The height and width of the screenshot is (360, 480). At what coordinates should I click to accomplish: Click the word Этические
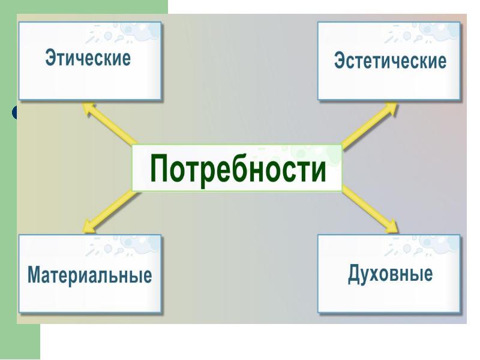click(88, 59)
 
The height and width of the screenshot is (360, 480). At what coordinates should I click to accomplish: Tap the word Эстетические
click(390, 61)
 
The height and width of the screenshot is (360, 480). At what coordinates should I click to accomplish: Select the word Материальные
click(89, 276)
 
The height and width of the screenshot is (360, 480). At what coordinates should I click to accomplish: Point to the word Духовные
click(390, 274)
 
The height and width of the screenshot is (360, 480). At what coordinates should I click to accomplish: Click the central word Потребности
click(238, 169)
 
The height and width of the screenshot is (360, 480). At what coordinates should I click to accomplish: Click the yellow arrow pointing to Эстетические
click(369, 126)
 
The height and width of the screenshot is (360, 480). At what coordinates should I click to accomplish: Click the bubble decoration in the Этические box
click(126, 34)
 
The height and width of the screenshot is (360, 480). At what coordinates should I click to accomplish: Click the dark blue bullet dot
click(16, 112)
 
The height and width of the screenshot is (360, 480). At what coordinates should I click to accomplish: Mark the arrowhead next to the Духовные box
click(390, 227)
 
